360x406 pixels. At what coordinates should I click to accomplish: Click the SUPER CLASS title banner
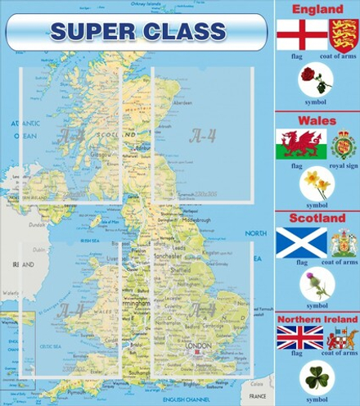137,32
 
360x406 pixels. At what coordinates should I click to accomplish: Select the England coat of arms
344,34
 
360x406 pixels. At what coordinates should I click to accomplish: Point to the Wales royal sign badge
344,144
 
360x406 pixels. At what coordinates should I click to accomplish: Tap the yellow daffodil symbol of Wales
316,184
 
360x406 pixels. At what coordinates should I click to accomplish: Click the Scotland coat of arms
344,242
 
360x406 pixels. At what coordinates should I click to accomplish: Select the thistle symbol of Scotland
316,285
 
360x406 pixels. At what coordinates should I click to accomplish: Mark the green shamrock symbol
316,378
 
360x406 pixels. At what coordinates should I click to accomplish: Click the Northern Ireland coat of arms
342,337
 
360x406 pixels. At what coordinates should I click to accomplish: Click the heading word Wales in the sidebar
317,120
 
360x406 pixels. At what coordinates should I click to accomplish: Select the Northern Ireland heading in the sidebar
317,318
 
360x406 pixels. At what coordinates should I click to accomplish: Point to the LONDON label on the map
200,345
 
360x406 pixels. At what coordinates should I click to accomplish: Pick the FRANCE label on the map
257,396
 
